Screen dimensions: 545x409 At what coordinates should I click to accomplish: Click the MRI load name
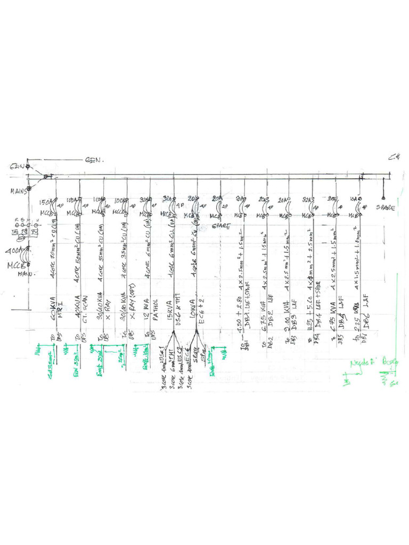60,310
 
